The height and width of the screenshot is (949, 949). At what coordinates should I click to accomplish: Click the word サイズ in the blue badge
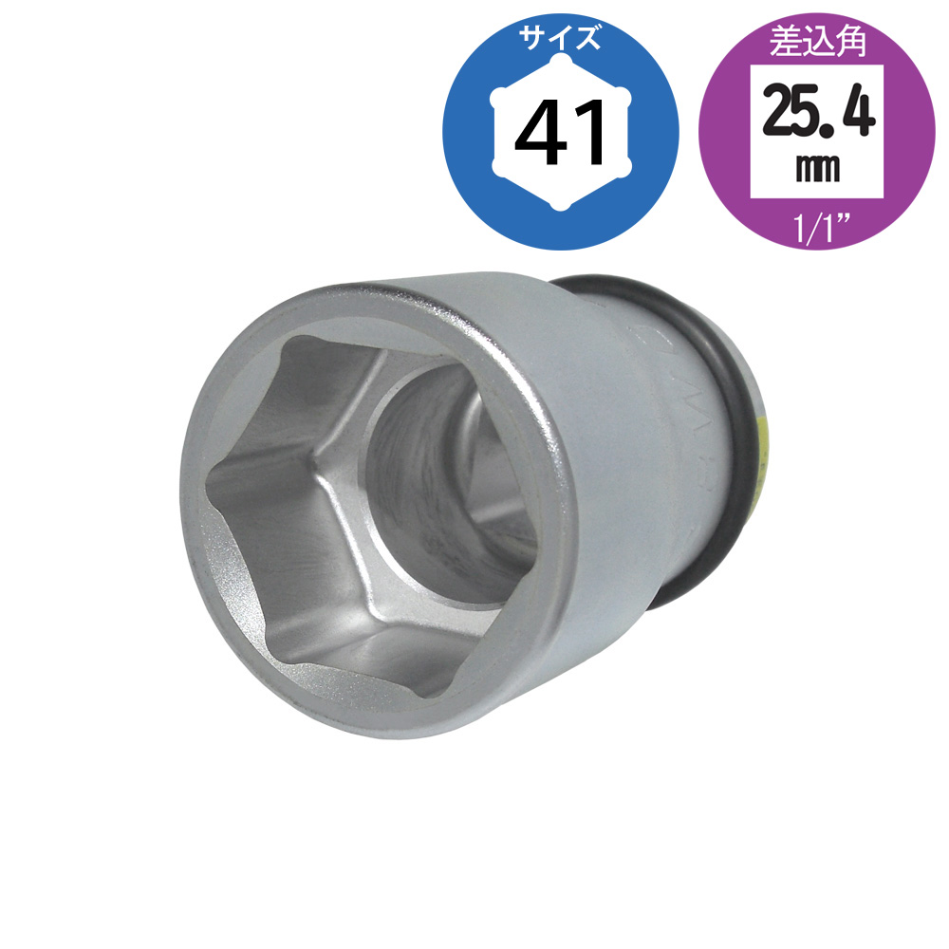[561, 39]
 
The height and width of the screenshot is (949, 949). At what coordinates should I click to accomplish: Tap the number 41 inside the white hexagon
[561, 133]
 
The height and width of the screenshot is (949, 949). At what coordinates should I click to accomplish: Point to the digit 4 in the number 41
[541, 133]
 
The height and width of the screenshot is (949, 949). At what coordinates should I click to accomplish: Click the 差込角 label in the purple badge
[817, 43]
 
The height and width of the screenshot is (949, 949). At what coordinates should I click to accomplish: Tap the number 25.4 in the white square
[818, 112]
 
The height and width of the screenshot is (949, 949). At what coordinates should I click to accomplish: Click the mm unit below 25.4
[817, 169]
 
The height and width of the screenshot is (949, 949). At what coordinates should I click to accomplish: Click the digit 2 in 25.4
[779, 112]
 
